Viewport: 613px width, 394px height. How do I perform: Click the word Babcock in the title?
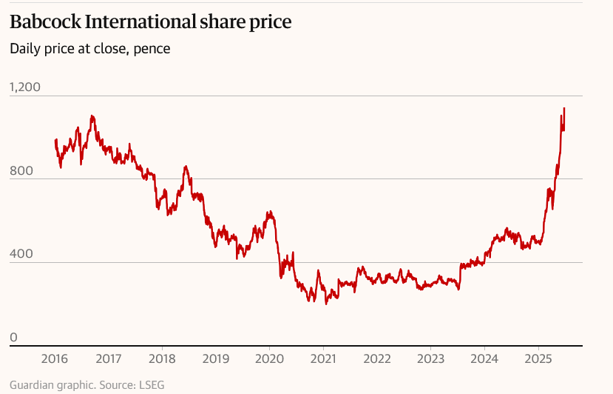click(45, 21)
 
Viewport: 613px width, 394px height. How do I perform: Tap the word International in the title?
click(140, 21)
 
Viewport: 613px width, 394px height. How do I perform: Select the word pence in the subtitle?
click(152, 50)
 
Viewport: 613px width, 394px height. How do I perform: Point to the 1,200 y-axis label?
click(25, 87)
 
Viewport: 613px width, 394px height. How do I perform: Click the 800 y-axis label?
click(21, 171)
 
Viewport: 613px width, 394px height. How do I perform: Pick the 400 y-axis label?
click(21, 254)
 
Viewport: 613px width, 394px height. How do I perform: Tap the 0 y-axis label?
click(14, 337)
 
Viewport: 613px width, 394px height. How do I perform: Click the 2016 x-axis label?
click(54, 358)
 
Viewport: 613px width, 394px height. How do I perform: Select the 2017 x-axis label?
click(108, 358)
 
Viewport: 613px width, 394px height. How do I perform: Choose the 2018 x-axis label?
click(162, 358)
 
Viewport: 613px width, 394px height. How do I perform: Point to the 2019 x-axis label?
click(216, 358)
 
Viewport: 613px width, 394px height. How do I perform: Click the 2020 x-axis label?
click(269, 358)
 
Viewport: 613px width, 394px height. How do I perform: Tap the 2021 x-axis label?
click(323, 358)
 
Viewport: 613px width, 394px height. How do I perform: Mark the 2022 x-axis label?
click(377, 358)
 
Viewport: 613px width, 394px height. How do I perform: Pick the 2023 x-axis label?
click(430, 358)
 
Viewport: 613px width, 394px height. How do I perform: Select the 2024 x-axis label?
click(484, 358)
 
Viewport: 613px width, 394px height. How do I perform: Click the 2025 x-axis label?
click(538, 358)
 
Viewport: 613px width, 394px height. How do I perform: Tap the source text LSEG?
click(152, 385)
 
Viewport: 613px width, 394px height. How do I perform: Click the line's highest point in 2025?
click(564, 108)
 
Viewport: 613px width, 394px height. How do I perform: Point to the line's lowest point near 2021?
click(326, 304)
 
